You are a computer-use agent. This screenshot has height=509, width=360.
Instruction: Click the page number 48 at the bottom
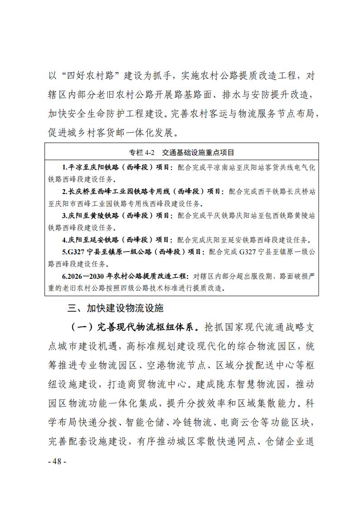coord(57,461)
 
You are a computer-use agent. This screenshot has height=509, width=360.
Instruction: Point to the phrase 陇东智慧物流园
coord(248,385)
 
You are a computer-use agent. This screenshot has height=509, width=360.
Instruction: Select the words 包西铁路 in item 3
coord(270,215)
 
